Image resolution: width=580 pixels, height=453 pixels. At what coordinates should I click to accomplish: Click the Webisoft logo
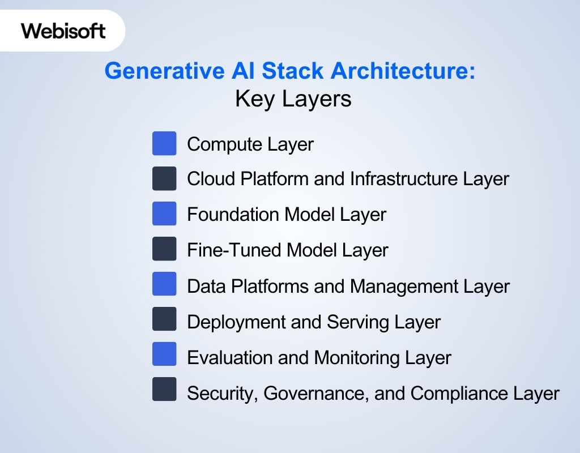pos(63,31)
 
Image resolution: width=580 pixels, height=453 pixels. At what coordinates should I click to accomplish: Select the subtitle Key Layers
pos(293,99)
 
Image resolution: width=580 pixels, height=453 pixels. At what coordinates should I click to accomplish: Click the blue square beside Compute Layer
pos(164,143)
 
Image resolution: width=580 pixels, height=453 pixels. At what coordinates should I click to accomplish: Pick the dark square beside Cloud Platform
pos(164,178)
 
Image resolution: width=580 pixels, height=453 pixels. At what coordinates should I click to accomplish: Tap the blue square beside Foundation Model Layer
pos(164,213)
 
